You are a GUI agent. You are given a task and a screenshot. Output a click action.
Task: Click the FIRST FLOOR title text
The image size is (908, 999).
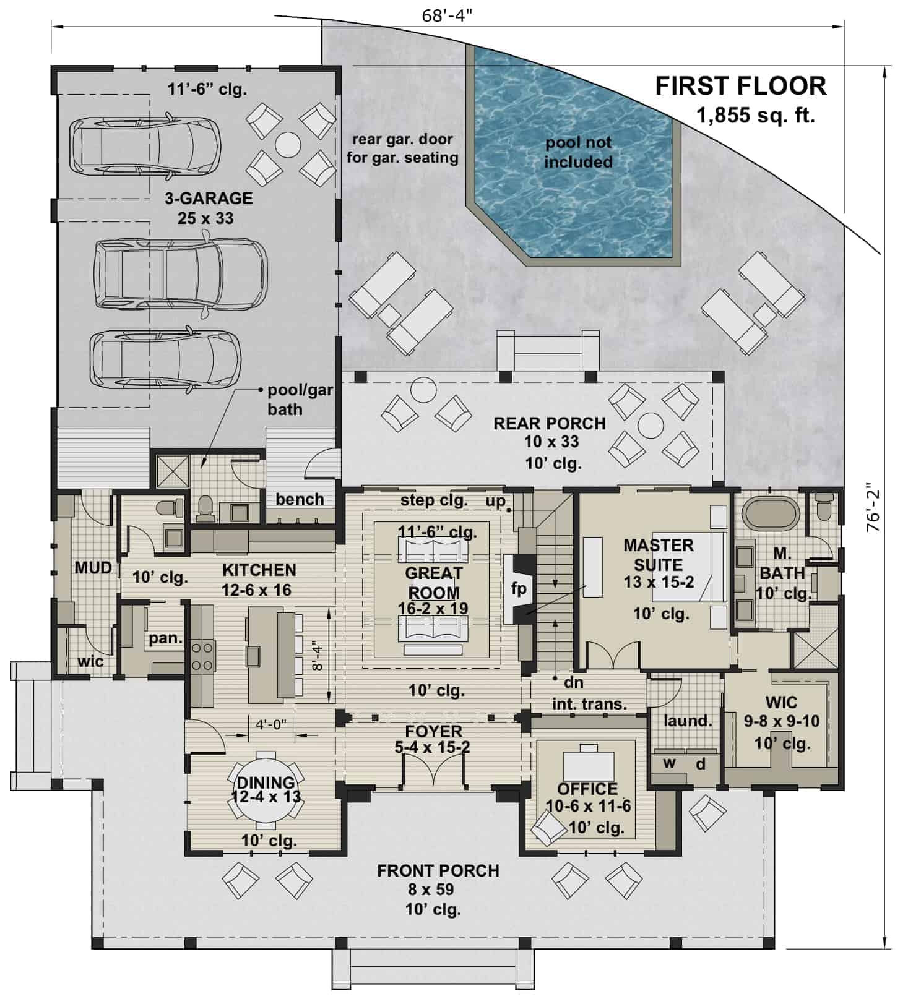tap(740, 86)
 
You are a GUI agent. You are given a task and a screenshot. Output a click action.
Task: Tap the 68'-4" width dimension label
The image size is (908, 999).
tap(447, 15)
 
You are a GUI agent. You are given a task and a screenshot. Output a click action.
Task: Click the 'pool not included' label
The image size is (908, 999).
tap(578, 152)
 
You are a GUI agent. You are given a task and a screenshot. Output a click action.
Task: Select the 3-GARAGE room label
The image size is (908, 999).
tap(208, 199)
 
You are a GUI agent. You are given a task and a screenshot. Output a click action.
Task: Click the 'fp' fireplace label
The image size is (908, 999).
tap(519, 588)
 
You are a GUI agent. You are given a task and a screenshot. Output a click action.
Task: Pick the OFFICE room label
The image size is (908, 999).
tap(587, 789)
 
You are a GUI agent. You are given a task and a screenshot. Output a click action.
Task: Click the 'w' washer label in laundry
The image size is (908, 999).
tap(669, 762)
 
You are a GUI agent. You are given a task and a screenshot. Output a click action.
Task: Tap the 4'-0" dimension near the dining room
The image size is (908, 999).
tap(271, 724)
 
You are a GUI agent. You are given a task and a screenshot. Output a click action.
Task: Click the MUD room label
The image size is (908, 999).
tap(93, 567)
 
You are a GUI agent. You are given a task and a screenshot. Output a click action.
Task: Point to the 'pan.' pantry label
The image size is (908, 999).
tap(165, 638)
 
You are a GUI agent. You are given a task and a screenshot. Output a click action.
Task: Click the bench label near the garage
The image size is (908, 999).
tap(300, 499)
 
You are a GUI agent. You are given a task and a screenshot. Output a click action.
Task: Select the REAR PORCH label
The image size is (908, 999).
tap(549, 424)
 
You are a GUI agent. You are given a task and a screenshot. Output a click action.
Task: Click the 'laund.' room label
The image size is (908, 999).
tap(687, 721)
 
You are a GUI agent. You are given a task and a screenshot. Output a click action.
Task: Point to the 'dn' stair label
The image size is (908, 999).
tap(573, 682)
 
